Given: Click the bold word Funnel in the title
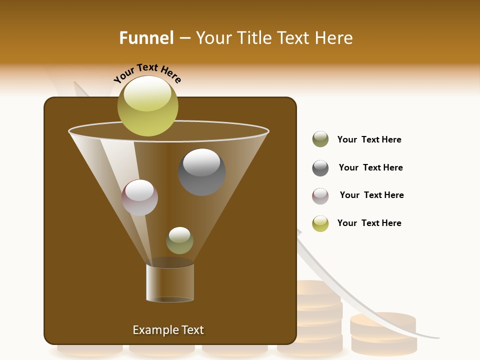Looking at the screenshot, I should tap(146, 37).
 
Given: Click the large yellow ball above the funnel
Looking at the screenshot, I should tap(148, 106).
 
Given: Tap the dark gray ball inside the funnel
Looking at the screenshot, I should tap(202, 172).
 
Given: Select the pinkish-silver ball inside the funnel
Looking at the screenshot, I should tap(140, 197).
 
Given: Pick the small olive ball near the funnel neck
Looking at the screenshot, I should tap(179, 240).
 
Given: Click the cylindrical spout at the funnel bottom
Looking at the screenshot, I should tap(170, 282).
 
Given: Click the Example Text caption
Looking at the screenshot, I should tap(168, 330).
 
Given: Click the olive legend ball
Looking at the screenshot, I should tap(320, 139).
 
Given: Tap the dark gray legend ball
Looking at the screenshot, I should tap(320, 168).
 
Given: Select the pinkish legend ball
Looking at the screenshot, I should tap(320, 196).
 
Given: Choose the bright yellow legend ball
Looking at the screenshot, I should tap(320, 223).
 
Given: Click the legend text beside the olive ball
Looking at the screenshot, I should tap(369, 139).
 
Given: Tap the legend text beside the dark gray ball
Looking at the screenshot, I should tap(370, 167).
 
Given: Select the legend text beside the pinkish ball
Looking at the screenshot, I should tap(371, 195).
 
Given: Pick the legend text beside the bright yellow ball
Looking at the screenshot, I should tap(369, 223).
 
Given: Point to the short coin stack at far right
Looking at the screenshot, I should tap(383, 333).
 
